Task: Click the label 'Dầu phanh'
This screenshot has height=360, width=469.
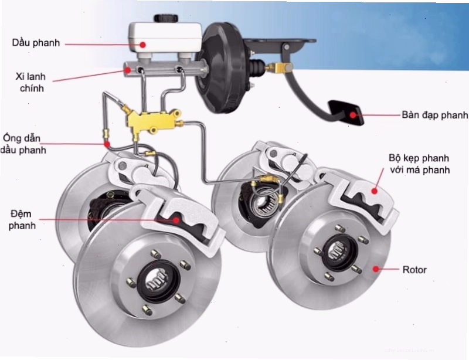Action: point(36,43)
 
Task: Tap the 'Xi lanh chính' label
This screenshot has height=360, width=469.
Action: point(31,82)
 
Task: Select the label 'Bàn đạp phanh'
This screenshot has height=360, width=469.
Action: point(435,115)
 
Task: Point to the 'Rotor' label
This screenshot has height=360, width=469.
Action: point(414,270)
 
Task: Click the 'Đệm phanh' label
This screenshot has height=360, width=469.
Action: point(22,220)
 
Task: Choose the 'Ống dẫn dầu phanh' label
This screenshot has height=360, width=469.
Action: point(23,144)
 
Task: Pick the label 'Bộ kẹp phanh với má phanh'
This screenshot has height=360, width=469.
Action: point(419,164)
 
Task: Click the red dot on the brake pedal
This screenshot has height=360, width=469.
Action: point(354,115)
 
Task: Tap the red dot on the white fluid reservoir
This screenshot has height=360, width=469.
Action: point(142,45)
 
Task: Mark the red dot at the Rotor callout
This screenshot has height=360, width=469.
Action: point(376,269)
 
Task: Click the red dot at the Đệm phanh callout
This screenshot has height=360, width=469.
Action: point(176,220)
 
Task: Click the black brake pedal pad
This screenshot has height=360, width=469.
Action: point(346,112)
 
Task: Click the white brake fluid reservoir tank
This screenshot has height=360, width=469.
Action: point(165,38)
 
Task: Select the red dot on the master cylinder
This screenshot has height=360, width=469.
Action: point(128,70)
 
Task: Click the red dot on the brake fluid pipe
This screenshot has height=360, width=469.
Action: point(107,144)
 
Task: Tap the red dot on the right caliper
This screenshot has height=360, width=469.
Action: point(374,191)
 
